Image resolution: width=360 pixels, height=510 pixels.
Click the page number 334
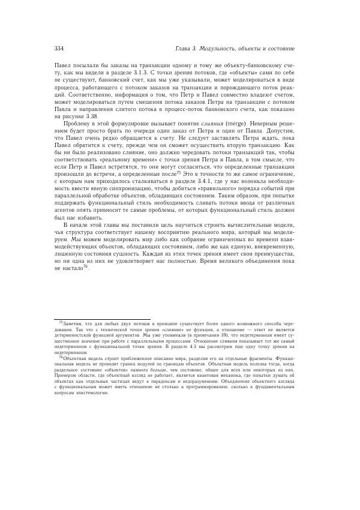point(59,48)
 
